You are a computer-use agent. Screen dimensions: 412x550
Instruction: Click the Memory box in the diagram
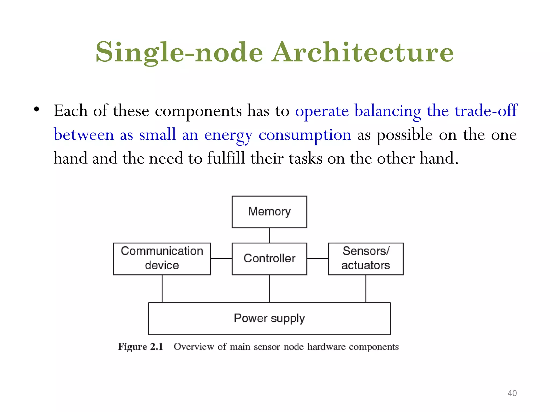tap(269, 212)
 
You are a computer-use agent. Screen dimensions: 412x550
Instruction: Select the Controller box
tap(269, 259)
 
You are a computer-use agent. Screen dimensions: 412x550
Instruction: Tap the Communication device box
tap(162, 259)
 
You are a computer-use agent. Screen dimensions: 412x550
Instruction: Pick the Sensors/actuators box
tap(366, 259)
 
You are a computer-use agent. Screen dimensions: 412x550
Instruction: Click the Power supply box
tap(269, 318)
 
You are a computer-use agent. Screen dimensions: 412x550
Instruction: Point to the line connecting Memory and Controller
tap(269, 236)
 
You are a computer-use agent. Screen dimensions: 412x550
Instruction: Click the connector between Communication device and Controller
tap(221, 259)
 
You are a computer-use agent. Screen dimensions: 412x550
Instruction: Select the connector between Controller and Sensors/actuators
tap(317, 259)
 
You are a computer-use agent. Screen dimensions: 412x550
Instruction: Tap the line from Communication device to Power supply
tap(162, 289)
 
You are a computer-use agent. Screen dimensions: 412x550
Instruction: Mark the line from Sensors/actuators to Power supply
tap(366, 289)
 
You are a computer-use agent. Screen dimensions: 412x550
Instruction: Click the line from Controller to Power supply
tap(269, 289)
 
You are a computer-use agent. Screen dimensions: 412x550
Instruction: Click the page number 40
tap(512, 393)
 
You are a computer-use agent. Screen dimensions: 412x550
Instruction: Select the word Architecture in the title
tap(363, 52)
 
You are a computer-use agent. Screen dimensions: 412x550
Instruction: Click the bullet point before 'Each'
tap(37, 109)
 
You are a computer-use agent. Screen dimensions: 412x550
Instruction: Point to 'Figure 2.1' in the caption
tap(140, 347)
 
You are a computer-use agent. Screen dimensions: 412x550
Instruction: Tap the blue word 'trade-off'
tap(486, 111)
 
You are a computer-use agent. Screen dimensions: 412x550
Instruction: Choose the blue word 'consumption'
tap(305, 135)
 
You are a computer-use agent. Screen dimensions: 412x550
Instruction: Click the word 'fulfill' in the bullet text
tap(226, 158)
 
